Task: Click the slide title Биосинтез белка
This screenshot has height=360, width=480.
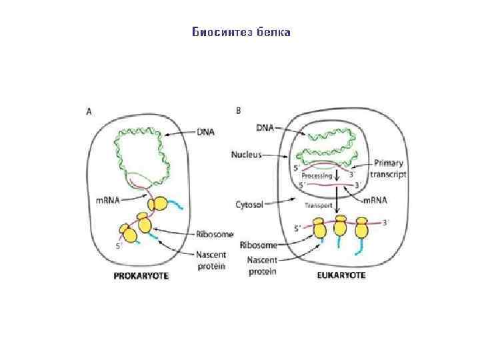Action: (241, 31)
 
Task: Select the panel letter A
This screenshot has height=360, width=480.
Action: (89, 112)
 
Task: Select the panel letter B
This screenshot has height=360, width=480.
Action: (238, 111)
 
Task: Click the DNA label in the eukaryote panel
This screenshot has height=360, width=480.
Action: (265, 127)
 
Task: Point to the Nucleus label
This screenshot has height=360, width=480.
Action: (247, 153)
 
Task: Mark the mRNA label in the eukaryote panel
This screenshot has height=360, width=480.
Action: (376, 201)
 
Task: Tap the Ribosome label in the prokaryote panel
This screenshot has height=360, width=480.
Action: (214, 233)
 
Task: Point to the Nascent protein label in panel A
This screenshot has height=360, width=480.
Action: (211, 260)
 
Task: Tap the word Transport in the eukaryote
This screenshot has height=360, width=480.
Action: (318, 205)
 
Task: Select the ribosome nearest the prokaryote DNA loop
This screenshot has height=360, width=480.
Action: (159, 204)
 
